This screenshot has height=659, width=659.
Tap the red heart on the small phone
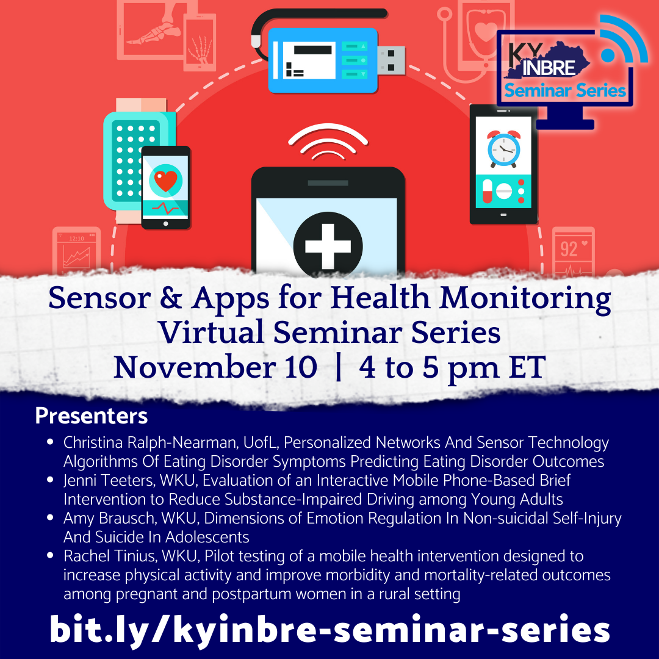coord(165,180)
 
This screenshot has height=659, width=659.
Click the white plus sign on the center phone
coord(328,247)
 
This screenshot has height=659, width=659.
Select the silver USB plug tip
coord(391,60)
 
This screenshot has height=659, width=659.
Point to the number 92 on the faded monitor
coord(569,249)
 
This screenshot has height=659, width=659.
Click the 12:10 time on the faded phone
coord(76,239)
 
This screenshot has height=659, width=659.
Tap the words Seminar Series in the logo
coord(565,90)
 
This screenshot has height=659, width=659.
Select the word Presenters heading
coord(91,416)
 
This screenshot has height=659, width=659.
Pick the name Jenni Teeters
coord(109,480)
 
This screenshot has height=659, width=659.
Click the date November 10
coord(215,367)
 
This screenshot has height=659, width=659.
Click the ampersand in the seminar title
coord(171,298)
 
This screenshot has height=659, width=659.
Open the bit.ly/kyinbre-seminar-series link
coord(329,629)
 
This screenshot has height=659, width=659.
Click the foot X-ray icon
coord(154,32)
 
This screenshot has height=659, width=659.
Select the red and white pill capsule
coord(488,191)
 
